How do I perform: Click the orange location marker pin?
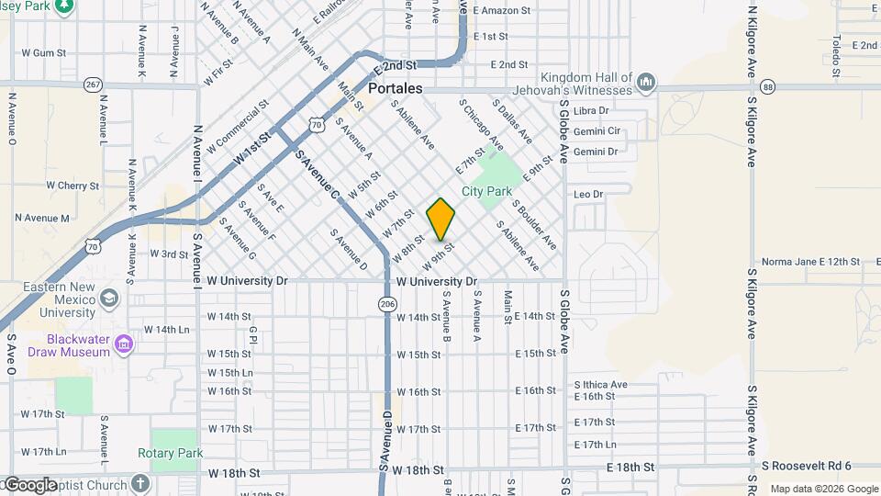pos(441,220)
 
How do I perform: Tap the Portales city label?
pos(396,88)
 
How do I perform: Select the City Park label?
pos(486,191)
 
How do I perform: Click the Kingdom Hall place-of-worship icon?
pos(646,83)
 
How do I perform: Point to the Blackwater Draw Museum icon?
pos(125,344)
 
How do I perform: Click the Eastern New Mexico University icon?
pos(109,299)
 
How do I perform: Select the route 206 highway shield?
pos(387,304)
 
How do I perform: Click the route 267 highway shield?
pos(93,85)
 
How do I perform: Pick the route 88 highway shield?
pos(768,86)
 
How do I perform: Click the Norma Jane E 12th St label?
pos(810,262)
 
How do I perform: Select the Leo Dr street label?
pos(588,194)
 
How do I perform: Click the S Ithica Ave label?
pos(601,384)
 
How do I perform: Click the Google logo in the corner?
pos(29,485)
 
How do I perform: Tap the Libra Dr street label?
pos(591,111)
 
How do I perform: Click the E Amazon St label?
pos(502,11)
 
